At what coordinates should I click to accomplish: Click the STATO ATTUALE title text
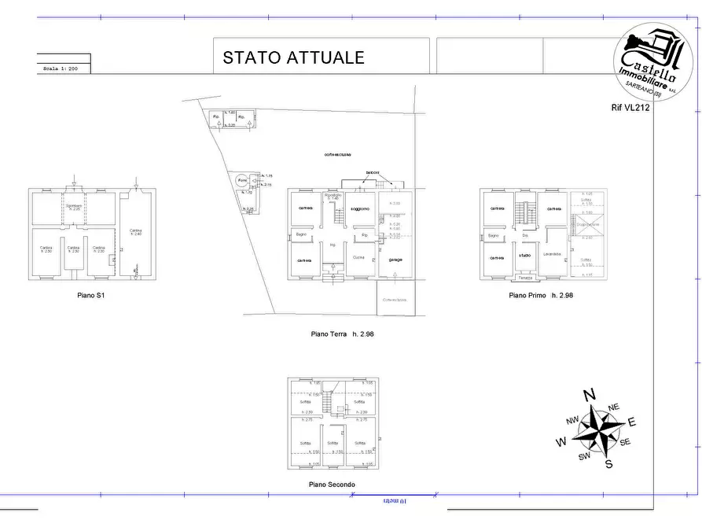coord(293,57)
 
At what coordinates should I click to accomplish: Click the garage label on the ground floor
coord(395,260)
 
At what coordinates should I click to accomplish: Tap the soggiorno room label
coord(360,208)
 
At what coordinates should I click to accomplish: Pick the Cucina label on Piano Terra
coord(358,258)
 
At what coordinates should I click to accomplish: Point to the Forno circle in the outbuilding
coord(242,181)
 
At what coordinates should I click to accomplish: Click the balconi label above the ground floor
coord(373,172)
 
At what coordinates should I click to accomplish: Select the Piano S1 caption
coord(91,297)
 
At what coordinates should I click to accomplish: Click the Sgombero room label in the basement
coord(74,208)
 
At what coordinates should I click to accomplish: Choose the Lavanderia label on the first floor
coord(551,254)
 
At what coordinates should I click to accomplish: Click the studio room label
coord(524,256)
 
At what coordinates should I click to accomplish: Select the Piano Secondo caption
coord(332,485)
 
